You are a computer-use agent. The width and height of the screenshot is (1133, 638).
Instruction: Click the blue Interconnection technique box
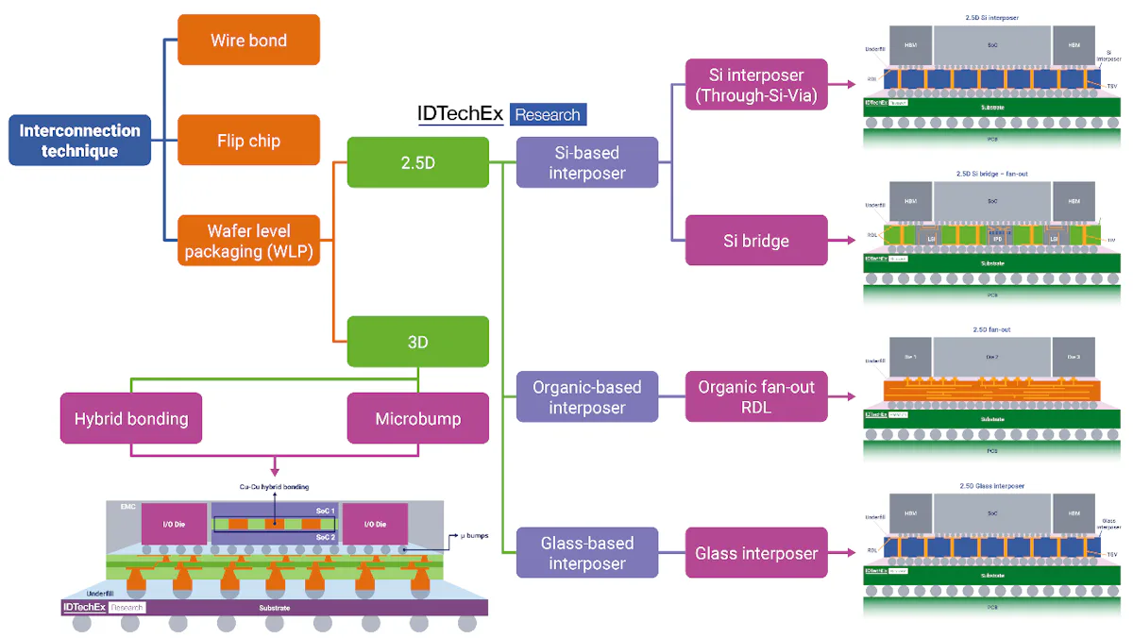[79, 141]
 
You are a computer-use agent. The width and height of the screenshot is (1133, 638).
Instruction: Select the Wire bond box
[248, 41]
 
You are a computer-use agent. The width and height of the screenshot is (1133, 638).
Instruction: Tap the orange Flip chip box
[248, 141]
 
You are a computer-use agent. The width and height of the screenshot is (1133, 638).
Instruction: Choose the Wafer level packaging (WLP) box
[248, 241]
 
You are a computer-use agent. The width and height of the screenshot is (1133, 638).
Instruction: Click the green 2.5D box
[417, 161]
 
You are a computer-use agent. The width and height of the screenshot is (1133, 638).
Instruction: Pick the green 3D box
[417, 342]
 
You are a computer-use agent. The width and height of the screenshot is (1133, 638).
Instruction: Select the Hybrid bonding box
[131, 418]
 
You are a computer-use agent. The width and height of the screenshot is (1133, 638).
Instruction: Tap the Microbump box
[417, 418]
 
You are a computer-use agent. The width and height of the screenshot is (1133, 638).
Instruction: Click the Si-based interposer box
[586, 161]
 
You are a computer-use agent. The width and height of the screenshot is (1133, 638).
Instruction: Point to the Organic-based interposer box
[586, 396]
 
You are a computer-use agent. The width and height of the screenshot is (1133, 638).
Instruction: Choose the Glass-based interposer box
[586, 553]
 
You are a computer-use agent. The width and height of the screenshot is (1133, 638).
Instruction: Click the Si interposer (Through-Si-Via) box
[756, 84]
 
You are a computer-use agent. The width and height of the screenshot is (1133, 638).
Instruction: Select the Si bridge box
[756, 241]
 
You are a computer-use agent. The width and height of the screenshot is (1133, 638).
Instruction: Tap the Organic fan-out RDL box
[756, 396]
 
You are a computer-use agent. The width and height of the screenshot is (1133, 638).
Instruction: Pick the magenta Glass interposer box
[756, 553]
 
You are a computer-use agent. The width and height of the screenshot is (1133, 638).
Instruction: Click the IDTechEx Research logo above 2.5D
[501, 114]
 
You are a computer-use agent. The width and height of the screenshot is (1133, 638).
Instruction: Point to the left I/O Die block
[174, 523]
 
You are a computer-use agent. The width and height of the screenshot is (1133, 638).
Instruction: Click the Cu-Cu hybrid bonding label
[274, 487]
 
